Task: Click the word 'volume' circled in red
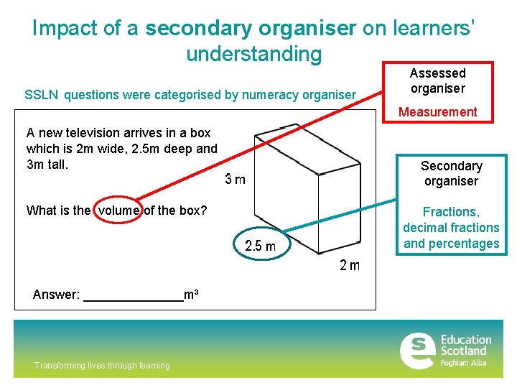coord(119,211)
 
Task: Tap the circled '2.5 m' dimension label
coord(260,246)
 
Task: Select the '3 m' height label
coord(234,179)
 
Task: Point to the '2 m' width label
coord(349,266)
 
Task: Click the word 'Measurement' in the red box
coord(437,112)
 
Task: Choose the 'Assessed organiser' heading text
coord(437,80)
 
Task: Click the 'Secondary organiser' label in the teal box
coord(451,173)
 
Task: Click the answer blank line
coord(134,299)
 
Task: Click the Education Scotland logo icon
coord(416,350)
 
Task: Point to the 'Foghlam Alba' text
coord(463,363)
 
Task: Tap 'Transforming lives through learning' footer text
coord(102,366)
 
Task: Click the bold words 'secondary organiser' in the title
coord(251,28)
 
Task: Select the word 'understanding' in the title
coord(253,54)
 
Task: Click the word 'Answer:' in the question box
coord(56,295)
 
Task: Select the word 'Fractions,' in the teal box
coord(450,212)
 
